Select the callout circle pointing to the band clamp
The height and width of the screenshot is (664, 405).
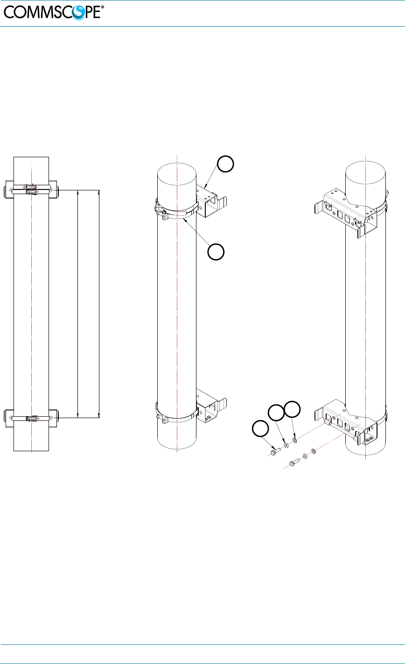click(216, 252)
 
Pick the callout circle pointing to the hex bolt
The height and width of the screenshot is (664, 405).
click(260, 428)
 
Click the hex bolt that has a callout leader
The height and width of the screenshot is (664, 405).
click(274, 451)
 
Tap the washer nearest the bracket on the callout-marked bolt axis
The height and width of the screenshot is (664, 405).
click(295, 440)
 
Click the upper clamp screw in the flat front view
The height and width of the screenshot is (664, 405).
click(31, 190)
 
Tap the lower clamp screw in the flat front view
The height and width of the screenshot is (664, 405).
click(31, 418)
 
